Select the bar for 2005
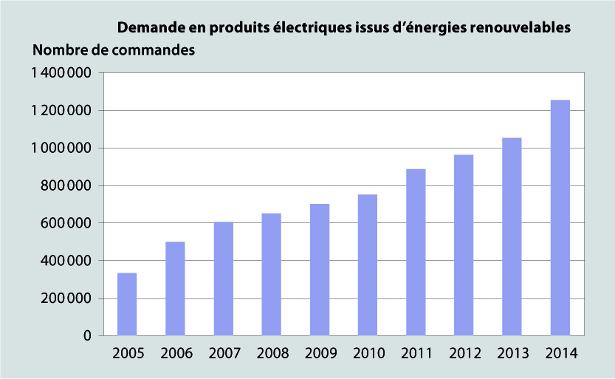127,304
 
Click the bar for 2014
559,218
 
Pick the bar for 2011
415,253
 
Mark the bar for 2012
463,245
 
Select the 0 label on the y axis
87,336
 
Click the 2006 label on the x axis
175,353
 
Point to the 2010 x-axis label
367,353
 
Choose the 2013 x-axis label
511,353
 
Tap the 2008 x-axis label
271,353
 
